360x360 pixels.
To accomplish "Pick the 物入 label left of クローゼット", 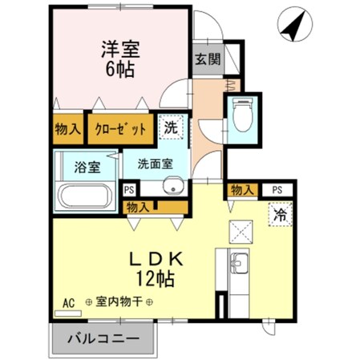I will point(68,128).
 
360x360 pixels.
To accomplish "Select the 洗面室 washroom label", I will point(155,163).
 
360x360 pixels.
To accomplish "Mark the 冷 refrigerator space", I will point(281,215).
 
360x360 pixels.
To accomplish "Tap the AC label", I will point(68,302).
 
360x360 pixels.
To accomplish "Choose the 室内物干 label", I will point(117,302).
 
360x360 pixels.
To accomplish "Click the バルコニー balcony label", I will point(103,337).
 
